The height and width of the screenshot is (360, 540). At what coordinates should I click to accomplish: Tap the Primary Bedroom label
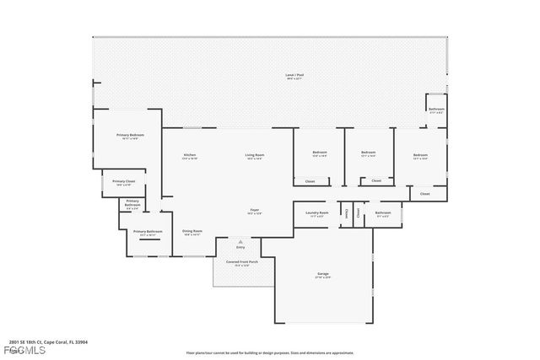pos(130,135)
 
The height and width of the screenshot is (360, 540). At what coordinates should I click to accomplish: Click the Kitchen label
pos(190,155)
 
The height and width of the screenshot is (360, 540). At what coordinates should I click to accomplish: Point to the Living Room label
pos(255,155)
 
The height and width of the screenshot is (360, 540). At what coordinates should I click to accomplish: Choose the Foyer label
pos(253,210)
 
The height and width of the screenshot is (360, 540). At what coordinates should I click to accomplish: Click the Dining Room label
pos(192,231)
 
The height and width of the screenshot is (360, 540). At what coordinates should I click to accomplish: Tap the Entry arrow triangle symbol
pos(240,241)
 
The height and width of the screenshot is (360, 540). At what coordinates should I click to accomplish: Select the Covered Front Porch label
pos(241,262)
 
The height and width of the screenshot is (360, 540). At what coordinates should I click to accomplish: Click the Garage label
pos(323,274)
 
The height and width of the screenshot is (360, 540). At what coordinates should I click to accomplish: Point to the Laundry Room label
pos(316,212)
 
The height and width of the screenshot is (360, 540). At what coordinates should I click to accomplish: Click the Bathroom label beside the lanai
pos(436,109)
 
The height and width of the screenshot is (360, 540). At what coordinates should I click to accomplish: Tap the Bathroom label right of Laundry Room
pos(383,212)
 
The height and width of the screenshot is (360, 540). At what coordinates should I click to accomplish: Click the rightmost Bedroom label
pos(420,155)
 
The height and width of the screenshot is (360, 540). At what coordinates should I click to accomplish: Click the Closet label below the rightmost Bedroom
pos(424,194)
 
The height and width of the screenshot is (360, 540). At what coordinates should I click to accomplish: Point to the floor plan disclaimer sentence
pos(270,352)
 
